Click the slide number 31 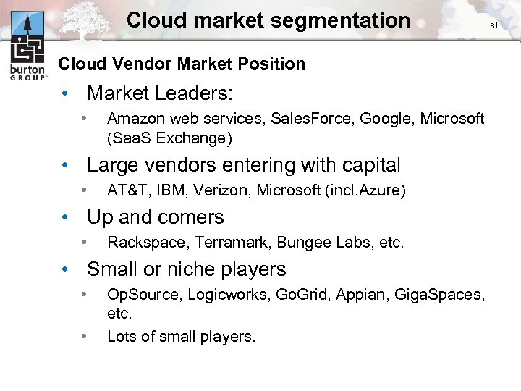(x=494, y=25)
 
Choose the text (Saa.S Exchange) (x=170, y=138)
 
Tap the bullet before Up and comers (x=66, y=217)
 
